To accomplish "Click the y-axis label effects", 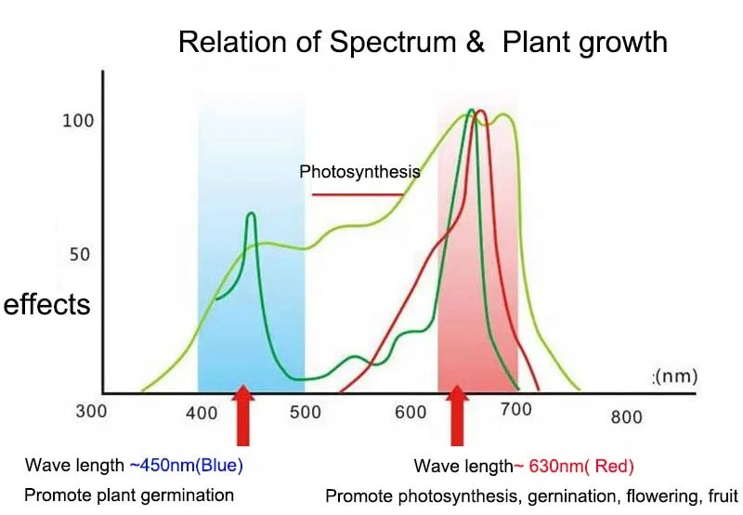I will pyautogui.click(x=47, y=304).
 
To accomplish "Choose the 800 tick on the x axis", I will pyautogui.click(x=626, y=417).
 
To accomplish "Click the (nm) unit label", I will pyautogui.click(x=675, y=376).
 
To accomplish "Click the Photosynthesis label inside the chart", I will pyautogui.click(x=359, y=172).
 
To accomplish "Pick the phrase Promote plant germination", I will pyautogui.click(x=129, y=495).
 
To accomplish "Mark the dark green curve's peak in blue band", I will pyautogui.click(x=251, y=215).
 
